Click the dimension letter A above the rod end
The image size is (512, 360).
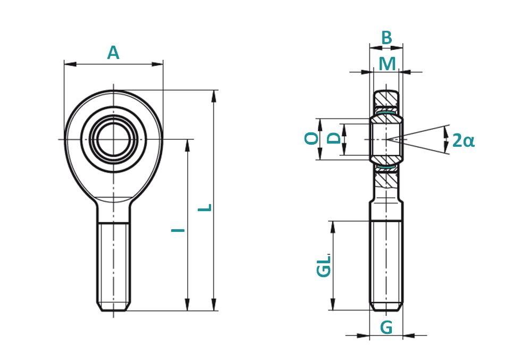pos(113,53)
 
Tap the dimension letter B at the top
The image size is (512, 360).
pos(387,38)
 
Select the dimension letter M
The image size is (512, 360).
pos(387,64)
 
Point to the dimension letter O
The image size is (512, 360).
pos(311,138)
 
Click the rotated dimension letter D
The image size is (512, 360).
pos(334,138)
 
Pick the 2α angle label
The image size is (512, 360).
pos(463,141)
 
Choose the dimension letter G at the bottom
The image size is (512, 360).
pos(387,328)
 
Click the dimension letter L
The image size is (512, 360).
pos(205,208)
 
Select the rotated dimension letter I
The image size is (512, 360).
pos(178,230)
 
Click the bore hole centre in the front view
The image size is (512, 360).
pos(114,139)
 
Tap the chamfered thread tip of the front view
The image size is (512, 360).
pos(114,306)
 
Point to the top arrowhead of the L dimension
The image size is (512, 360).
pos(214,96)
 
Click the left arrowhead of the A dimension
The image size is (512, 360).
pos(70,64)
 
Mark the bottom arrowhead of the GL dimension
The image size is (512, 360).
pos(333,304)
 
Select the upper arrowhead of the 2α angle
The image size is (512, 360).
pos(446,133)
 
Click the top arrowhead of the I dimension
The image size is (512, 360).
pos(188,146)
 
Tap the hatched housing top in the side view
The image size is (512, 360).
pos(387,97)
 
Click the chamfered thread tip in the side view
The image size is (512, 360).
pos(387,307)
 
